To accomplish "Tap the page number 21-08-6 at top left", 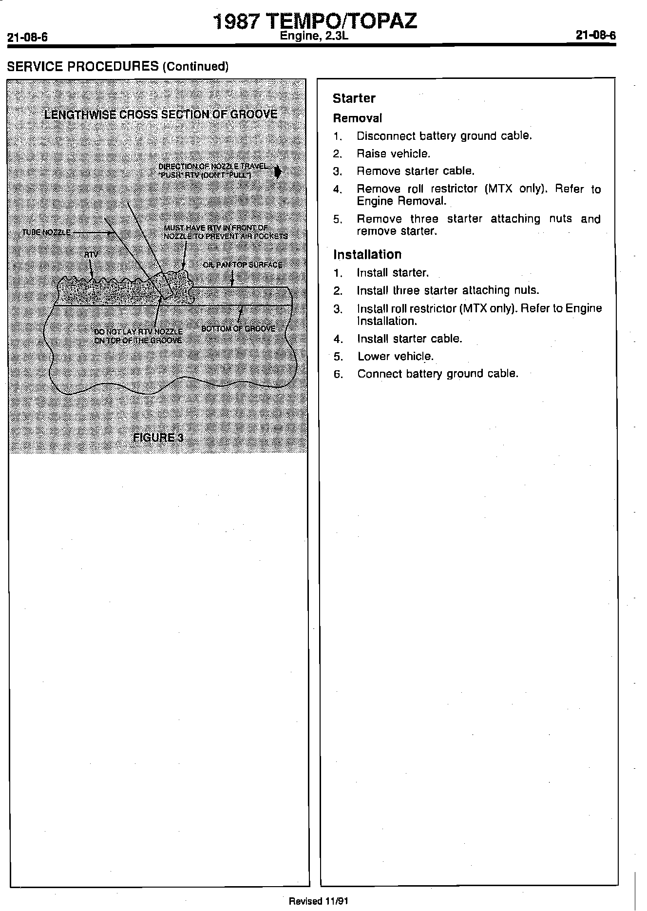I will click(27, 38).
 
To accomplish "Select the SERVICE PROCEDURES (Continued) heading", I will click(117, 66).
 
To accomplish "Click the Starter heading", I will click(354, 98).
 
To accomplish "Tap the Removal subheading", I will click(357, 118).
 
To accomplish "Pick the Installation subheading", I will click(367, 254).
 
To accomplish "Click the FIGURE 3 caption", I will click(158, 437).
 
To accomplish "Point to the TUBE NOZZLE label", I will click(47, 232).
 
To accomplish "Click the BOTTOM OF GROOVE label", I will click(238, 328).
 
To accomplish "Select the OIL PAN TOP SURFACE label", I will click(242, 265).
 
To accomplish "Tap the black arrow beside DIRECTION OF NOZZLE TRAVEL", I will click(277, 171).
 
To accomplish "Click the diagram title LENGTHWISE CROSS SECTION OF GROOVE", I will click(160, 114).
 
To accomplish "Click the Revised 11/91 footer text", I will click(319, 901).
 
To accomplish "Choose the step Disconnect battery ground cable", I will click(444, 136).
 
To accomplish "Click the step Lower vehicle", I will click(395, 356).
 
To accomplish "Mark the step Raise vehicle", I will click(393, 153).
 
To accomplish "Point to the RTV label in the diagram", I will click(91, 255).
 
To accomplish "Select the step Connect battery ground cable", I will click(438, 374).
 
